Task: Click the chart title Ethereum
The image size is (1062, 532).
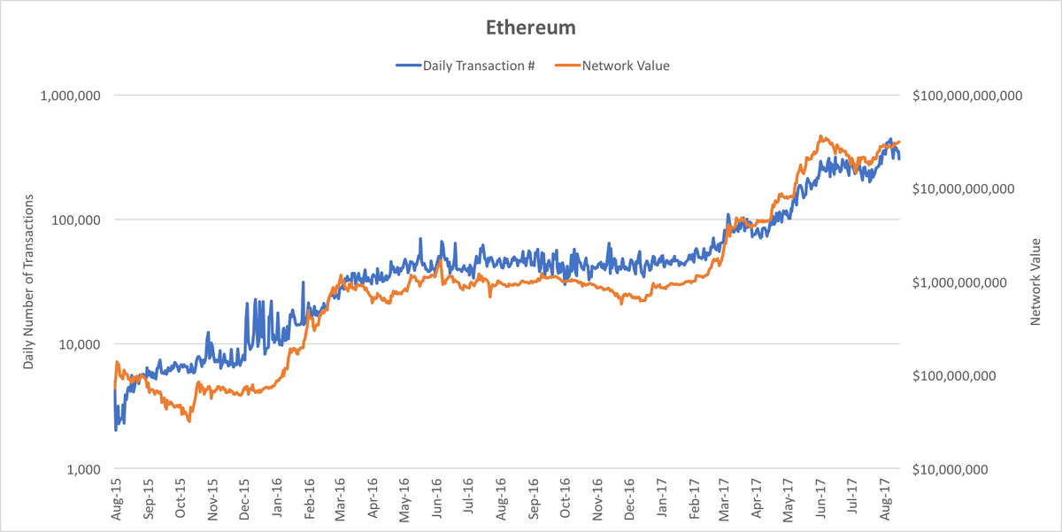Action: pyautogui.click(x=531, y=27)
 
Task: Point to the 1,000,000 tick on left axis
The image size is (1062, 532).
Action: pyautogui.click(x=71, y=95)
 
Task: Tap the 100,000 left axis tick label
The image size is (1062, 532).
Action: pyautogui.click(x=76, y=220)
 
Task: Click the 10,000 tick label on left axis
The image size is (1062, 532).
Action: pyautogui.click(x=80, y=344)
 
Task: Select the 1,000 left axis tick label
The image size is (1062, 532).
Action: pyautogui.click(x=83, y=469)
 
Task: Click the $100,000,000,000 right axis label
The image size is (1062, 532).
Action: pyautogui.click(x=966, y=95)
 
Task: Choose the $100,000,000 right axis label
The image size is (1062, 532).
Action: pyautogui.click(x=955, y=376)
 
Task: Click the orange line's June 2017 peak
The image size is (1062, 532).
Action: pyautogui.click(x=821, y=136)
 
